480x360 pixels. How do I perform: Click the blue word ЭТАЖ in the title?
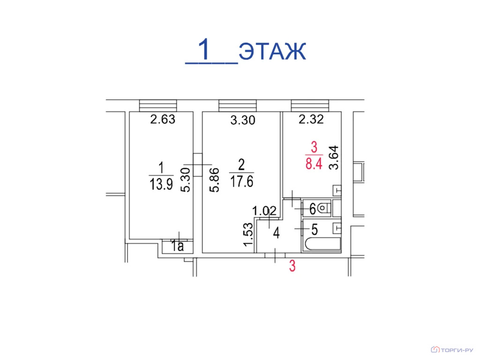click(x=272, y=51)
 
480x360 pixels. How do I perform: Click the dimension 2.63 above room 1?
click(x=163, y=119)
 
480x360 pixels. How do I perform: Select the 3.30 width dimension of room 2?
click(x=242, y=120)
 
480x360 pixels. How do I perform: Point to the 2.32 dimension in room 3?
click(x=311, y=119)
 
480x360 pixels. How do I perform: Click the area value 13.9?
click(x=161, y=184)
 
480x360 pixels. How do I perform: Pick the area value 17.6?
click(x=241, y=181)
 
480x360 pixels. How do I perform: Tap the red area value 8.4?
click(x=314, y=164)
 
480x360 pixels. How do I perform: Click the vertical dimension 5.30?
click(x=186, y=180)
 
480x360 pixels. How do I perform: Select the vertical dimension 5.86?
click(x=214, y=180)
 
